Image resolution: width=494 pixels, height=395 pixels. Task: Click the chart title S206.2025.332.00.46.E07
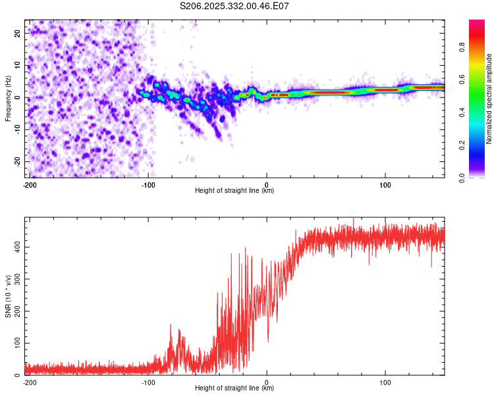pos(234,6)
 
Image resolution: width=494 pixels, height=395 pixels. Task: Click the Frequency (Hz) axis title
pos(9,99)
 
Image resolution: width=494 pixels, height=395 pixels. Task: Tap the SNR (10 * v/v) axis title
pos(9,296)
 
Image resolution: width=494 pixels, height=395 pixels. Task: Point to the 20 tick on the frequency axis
pos(18,33)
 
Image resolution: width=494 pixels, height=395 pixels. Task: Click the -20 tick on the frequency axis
pos(16,162)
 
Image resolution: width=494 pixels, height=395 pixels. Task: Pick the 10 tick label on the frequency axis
pos(18,65)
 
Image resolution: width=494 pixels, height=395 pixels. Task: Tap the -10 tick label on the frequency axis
pos(16,130)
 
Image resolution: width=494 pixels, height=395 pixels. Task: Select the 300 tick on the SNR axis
pos(16,279)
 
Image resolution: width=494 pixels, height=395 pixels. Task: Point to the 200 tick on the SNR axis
pos(16,311)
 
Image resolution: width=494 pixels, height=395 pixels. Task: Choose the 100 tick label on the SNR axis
pos(16,344)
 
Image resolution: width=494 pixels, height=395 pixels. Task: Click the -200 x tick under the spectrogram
pos(29,184)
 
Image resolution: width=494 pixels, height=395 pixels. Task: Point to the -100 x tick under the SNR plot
pos(148,382)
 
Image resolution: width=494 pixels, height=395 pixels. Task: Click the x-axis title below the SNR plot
pos(234,388)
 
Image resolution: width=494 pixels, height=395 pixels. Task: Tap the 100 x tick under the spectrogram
pos(385,184)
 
